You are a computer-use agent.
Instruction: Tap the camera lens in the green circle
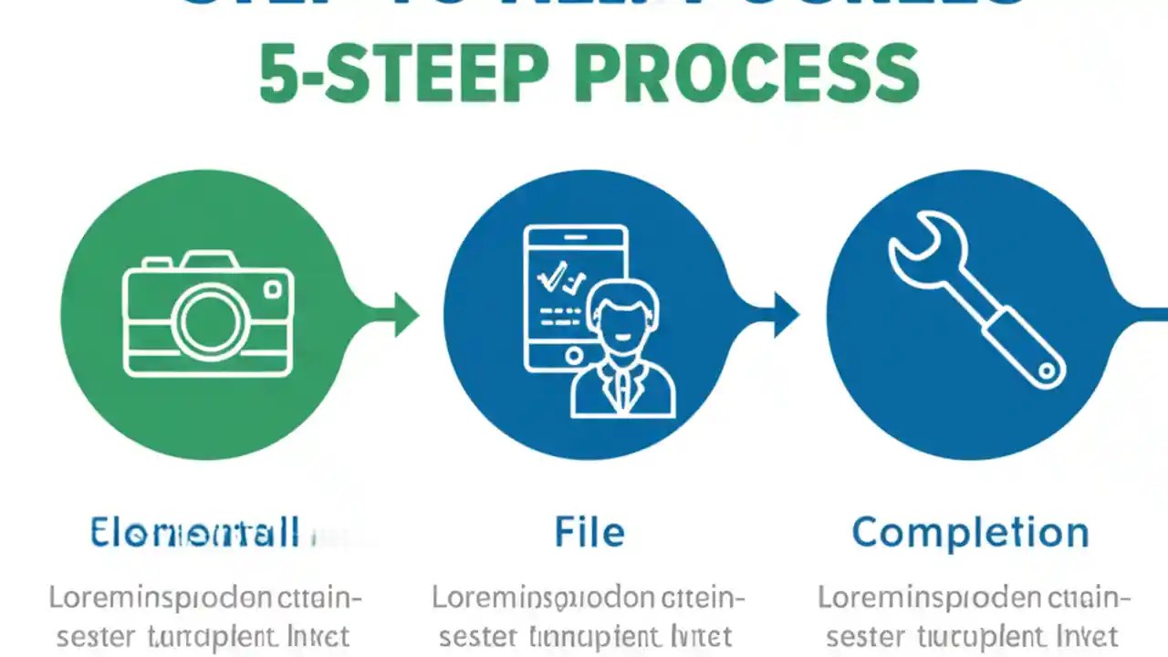[212, 321]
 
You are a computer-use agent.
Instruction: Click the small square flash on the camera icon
[272, 290]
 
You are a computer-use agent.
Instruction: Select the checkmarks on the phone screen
[559, 278]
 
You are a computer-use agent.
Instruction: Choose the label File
[589, 532]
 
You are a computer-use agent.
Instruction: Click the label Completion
[970, 532]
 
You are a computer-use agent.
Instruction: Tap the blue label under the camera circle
[195, 532]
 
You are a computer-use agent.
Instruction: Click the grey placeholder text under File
[589, 617]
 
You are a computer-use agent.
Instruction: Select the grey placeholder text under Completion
[969, 617]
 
